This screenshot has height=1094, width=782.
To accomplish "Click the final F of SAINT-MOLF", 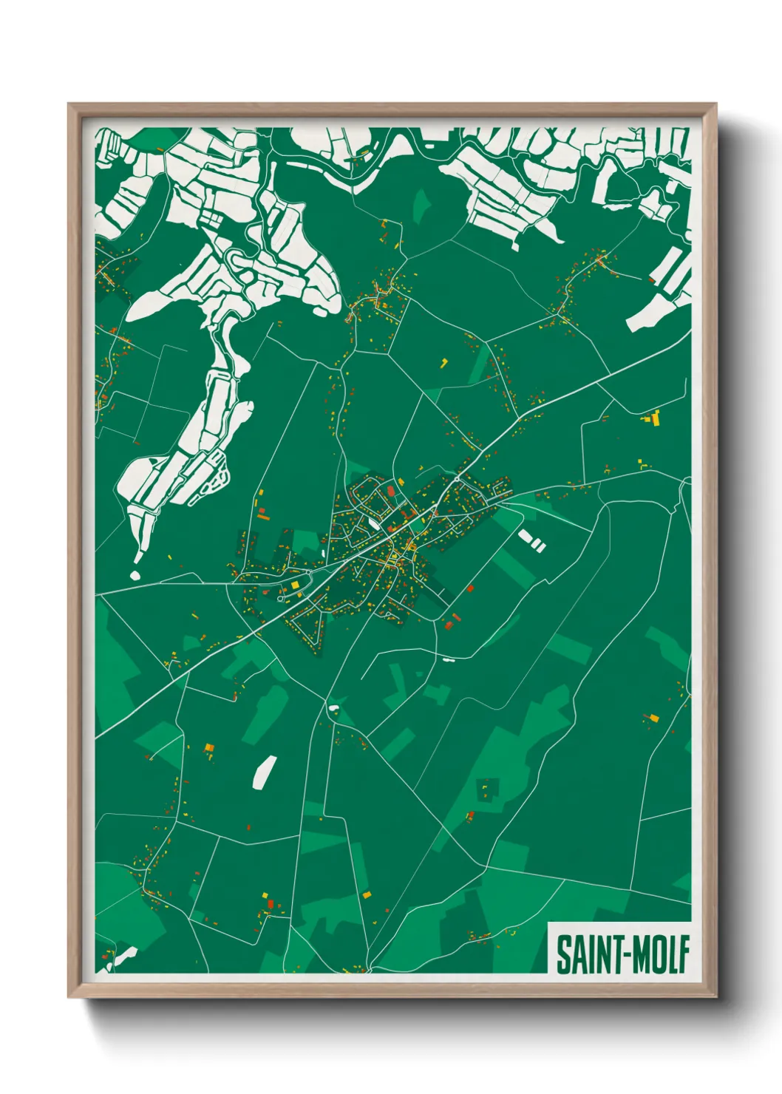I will tap(684, 955).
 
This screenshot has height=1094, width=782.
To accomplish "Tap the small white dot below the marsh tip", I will tap(135, 574).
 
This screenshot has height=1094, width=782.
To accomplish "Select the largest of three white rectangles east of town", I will tap(526, 536).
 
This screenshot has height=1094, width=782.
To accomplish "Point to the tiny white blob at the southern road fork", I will tap(334, 708).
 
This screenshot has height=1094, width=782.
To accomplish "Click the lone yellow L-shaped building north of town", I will tap(444, 362).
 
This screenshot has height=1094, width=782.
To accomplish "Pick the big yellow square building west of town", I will tap(295, 585).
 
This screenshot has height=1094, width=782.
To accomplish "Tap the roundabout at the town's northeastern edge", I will tap(458, 479).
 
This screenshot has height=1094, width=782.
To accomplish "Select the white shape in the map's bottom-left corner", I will tap(123, 954).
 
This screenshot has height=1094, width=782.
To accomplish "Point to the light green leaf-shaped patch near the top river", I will tap(421, 205).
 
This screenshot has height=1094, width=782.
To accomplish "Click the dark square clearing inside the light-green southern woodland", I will tap(487, 789).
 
